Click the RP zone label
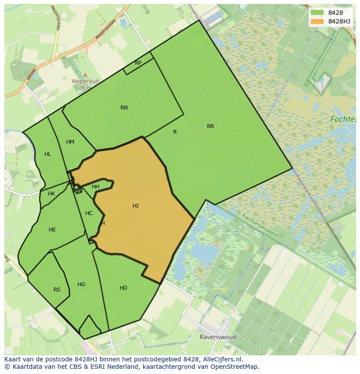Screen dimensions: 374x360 click(138, 63)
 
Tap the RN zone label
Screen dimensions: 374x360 click(124, 108)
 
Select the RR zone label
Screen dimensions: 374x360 click(210, 126)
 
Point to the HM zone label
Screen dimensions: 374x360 click(70, 142)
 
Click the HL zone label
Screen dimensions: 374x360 click(48, 154)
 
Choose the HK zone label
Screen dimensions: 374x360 click(51, 194)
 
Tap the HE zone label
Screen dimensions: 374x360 click(52, 230)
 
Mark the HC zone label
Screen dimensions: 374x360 click(89, 213)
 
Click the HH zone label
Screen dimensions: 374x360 click(96, 187)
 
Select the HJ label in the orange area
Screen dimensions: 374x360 click(136, 206)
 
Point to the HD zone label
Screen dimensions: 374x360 click(123, 288)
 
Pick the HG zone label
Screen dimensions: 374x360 click(81, 285)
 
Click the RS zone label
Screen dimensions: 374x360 click(57, 290)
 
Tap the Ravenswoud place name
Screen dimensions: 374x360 click(218, 337)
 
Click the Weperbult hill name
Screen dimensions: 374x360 click(85, 81)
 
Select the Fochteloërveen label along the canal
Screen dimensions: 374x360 click(259, 225)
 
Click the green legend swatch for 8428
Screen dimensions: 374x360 click(317, 13)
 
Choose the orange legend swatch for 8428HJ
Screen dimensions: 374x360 click(317, 21)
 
